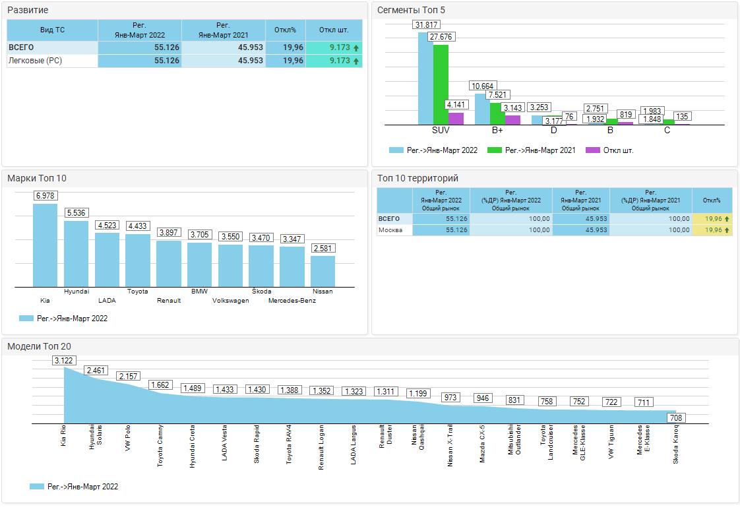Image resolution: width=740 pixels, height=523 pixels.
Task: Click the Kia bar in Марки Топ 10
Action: pos(45,245)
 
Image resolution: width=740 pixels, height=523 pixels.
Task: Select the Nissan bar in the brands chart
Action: pos(323,271)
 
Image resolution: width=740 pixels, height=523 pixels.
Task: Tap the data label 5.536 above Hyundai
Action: pos(76,213)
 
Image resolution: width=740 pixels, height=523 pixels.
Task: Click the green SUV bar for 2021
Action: pos(441,84)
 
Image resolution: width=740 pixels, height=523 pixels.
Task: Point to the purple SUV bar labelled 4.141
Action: pos(456,119)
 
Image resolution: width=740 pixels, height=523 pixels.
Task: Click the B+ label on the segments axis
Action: pos(497,131)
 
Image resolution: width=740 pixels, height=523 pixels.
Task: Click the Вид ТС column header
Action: pos(52,30)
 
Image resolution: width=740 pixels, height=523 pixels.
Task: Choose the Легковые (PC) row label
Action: pos(34,61)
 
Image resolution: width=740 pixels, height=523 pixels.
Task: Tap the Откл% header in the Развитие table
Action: pos(286,30)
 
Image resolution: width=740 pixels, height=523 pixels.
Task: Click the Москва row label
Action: pos(390,230)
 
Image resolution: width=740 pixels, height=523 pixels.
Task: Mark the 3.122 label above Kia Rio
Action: pos(64,360)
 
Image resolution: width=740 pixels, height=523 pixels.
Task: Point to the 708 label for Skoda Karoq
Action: pos(675,417)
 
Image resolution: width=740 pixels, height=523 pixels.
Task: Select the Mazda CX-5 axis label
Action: pos(483,444)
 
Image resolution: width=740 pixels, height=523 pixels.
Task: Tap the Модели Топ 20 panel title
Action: pos(39,347)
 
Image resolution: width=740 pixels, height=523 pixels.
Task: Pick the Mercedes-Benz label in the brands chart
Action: pos(292,301)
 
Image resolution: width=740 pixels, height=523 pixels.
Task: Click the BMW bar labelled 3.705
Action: pos(199,264)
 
